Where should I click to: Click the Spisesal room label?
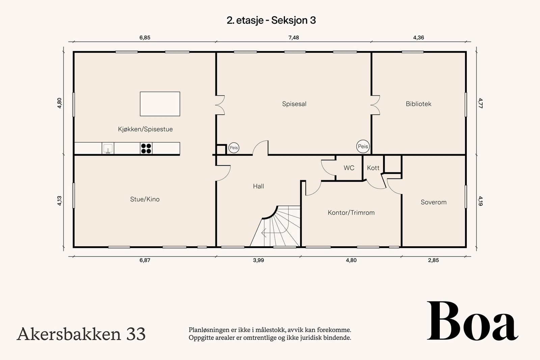pos(294,104)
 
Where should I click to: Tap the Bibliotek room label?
pos(418,104)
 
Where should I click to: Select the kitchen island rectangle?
pos(160,104)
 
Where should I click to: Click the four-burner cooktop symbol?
pos(146,148)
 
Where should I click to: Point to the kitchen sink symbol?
pos(108,148)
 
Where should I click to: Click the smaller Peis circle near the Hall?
pos(234,148)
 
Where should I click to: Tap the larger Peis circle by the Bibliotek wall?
pos(363,146)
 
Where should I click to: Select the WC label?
pos(349,168)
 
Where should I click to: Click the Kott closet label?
pos(373,168)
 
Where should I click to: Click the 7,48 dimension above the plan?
pos(294,38)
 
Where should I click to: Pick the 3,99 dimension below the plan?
pos(258,260)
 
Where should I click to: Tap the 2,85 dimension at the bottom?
pos(433,260)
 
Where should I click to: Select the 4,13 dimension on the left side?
pos(59,201)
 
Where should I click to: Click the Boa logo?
pos(473,322)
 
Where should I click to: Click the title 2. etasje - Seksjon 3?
pos(271,20)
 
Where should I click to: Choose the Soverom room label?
pos(433,202)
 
